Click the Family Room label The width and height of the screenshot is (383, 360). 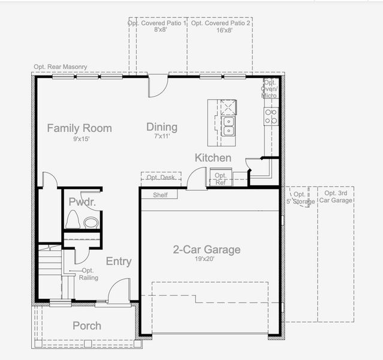coord(79,128)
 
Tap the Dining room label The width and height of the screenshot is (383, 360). coord(162,127)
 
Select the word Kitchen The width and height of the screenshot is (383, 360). coord(213,158)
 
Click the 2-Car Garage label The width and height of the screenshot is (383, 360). coord(207,250)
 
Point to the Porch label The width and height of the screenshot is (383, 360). coord(87,326)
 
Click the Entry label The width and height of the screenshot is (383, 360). coord(119,262)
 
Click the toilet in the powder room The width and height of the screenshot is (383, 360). coord(73,220)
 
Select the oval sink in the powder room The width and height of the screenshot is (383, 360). coord(91,223)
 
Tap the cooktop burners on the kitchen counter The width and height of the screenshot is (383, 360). coord(271,116)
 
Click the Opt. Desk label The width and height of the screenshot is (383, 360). coord(161,178)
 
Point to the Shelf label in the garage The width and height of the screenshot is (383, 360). coord(160,195)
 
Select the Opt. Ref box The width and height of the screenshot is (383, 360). coord(221,179)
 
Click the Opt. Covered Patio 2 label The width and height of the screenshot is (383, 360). coord(222,26)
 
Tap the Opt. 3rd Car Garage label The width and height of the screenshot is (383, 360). coord(336,197)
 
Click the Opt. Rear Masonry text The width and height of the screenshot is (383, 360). coord(61,67)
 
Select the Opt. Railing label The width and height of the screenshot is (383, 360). coord(88,274)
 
